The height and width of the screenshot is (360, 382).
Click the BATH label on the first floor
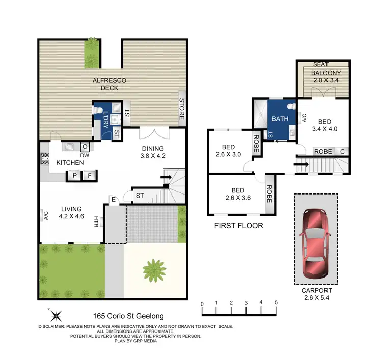point(280,119)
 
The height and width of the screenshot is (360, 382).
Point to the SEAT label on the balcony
point(320,64)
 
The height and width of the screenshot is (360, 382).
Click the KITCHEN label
point(70,162)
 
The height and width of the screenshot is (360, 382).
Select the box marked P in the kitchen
point(74,176)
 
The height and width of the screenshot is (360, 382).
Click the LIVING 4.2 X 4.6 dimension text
point(71,212)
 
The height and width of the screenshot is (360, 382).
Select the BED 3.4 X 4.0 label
point(324,125)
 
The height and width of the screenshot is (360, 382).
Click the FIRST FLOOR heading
point(239,225)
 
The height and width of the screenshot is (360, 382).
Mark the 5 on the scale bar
point(276,303)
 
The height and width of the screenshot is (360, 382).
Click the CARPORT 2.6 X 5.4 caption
point(315,294)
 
